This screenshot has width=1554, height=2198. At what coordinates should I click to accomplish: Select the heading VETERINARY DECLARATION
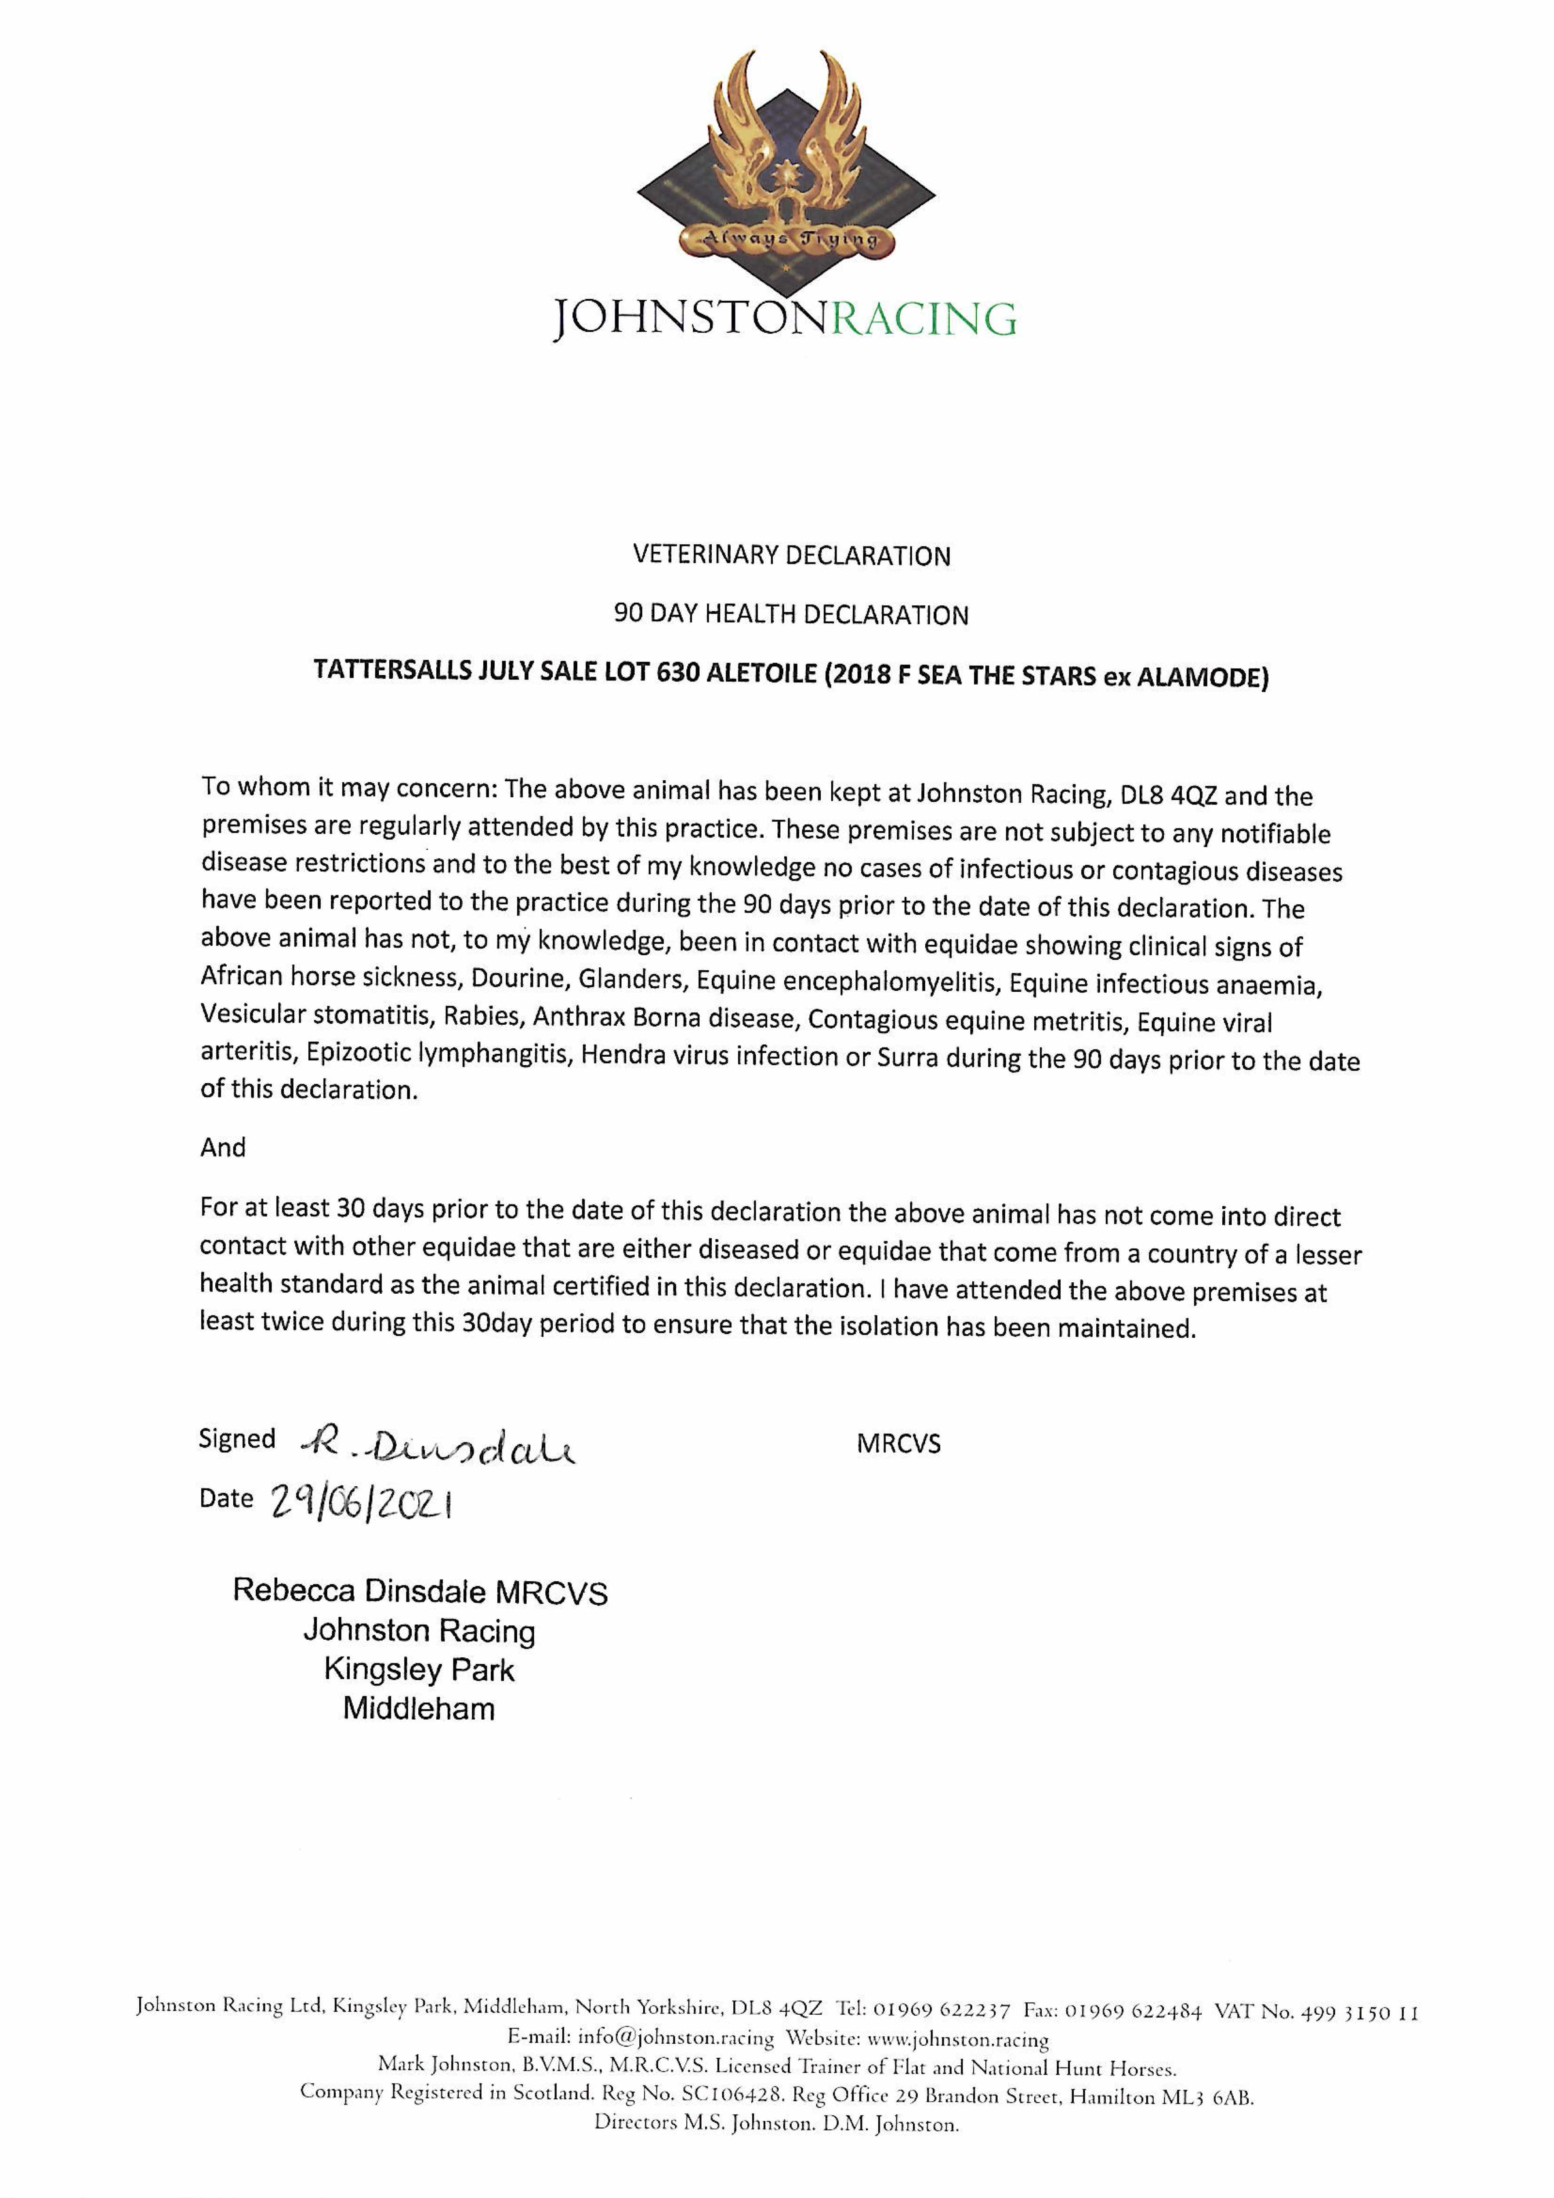click(791, 555)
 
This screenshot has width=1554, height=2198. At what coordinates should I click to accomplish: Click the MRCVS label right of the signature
click(898, 1444)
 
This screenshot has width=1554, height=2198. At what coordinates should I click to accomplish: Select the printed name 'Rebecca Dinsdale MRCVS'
click(420, 1591)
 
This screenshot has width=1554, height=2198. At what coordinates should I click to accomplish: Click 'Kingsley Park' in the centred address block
click(419, 1670)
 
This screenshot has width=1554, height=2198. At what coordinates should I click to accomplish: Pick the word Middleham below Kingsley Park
click(419, 1709)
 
